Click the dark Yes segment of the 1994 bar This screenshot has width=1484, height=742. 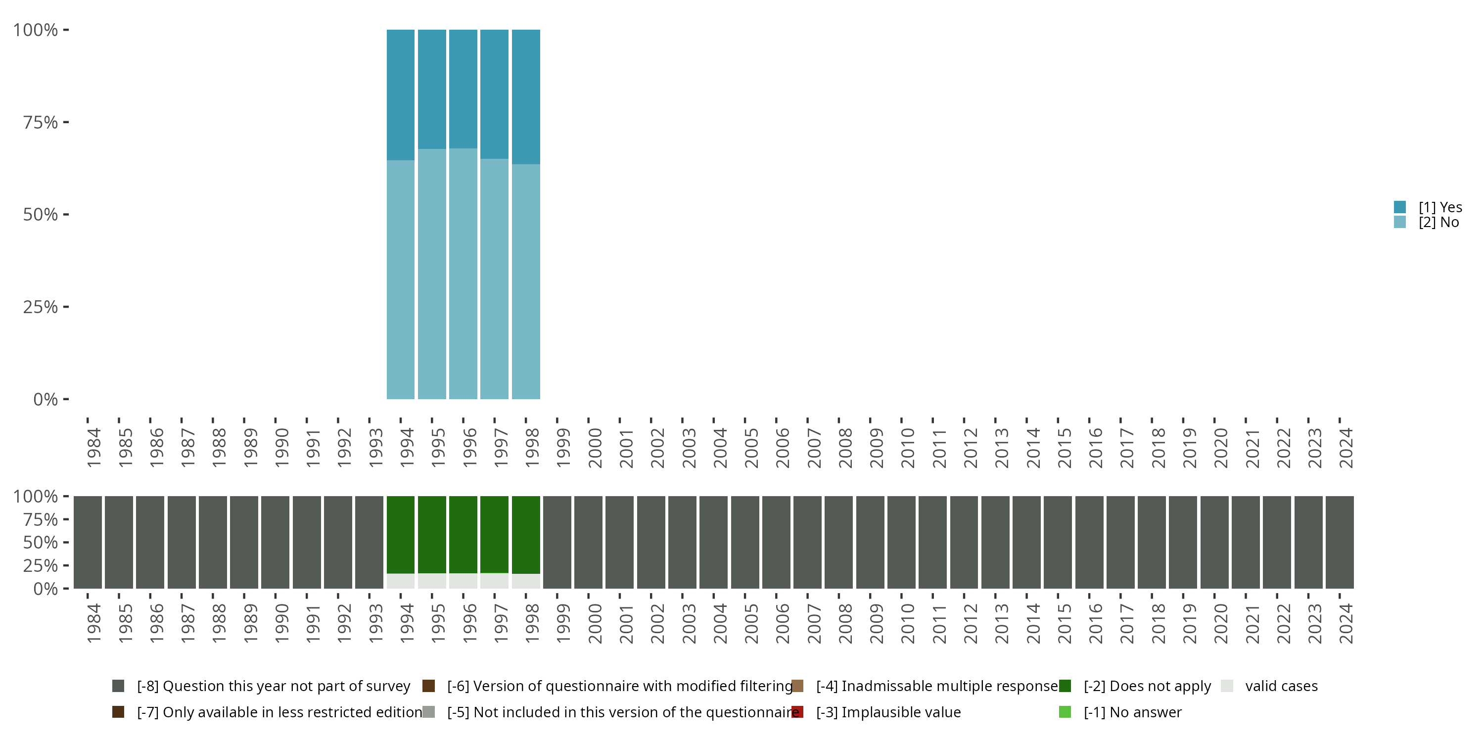coord(400,94)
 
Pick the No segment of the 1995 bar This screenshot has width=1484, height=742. coord(432,274)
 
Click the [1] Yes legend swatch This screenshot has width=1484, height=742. coord(1400,207)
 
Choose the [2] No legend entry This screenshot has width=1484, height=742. coord(1438,223)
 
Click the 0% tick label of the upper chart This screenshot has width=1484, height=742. coord(45,399)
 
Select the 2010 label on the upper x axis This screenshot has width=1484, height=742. coord(907,448)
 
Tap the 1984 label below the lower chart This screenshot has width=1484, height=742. coord(93,623)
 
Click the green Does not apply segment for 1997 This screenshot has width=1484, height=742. coord(494,535)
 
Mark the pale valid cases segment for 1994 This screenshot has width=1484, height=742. coord(400,581)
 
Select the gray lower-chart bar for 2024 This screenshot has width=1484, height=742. coord(1340,542)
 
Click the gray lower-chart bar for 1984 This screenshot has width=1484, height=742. coord(88,542)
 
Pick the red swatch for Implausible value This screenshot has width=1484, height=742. coord(797,712)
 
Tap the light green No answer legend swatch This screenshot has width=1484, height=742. coord(1065,712)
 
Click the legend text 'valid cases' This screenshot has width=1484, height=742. coord(1281,686)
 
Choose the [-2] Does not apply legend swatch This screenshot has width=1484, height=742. coord(1065,686)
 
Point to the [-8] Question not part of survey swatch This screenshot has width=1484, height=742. coord(118,686)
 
